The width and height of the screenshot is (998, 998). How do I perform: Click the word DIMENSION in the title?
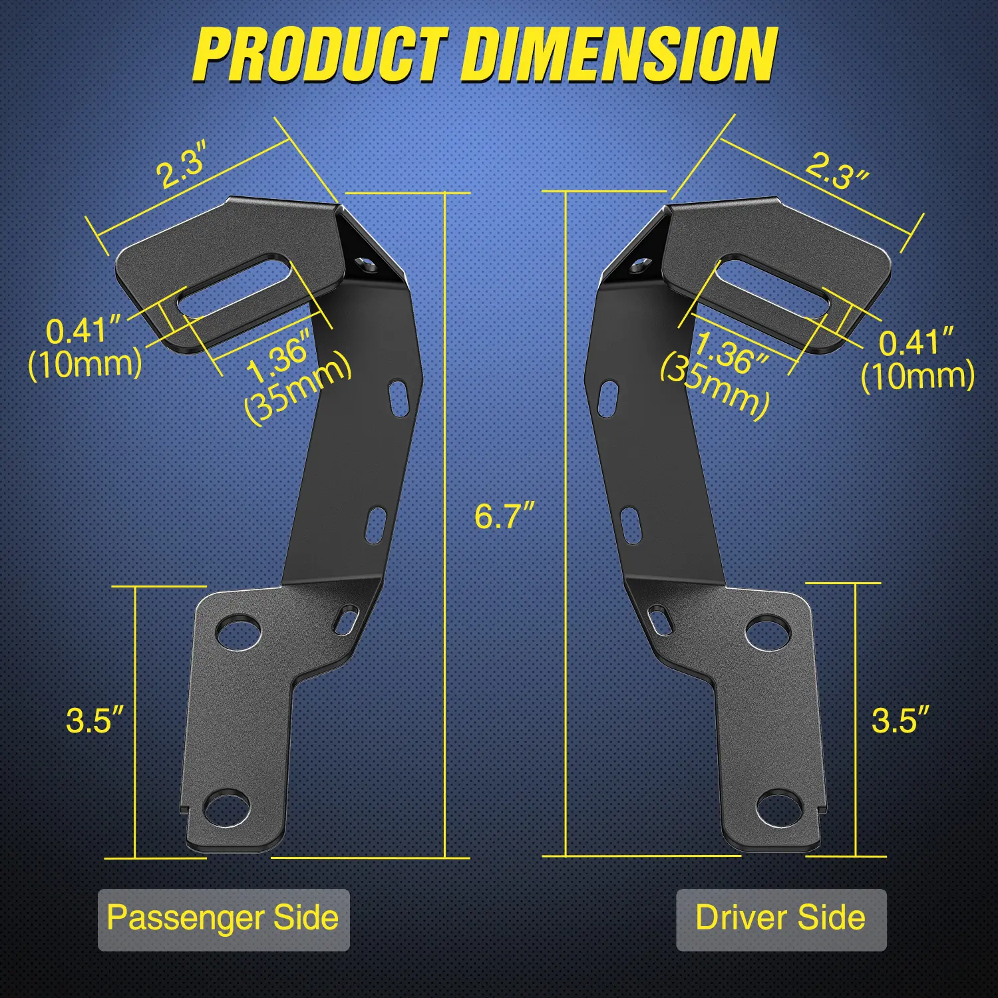[619, 54]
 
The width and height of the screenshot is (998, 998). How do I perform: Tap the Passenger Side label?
[223, 919]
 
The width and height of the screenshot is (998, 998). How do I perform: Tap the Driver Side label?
[780, 917]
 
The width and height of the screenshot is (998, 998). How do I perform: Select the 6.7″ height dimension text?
[504, 516]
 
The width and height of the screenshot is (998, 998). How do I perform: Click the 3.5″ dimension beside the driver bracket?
[900, 720]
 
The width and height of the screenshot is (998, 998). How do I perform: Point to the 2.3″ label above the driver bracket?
[836, 171]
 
